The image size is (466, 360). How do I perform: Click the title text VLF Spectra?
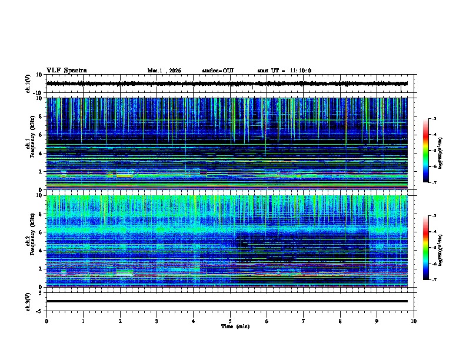click(x=67, y=71)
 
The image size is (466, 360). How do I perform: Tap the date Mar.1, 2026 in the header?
click(x=164, y=71)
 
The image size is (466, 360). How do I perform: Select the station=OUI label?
click(x=218, y=71)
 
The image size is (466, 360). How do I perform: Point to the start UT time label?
click(x=284, y=71)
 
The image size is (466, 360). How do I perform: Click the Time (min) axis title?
click(x=235, y=326)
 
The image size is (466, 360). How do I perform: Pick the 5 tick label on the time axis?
click(x=230, y=321)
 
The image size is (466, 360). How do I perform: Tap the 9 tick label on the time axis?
click(x=377, y=321)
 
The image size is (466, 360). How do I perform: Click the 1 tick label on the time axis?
click(x=83, y=321)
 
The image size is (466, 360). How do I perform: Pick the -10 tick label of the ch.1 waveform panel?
click(x=36, y=93)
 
